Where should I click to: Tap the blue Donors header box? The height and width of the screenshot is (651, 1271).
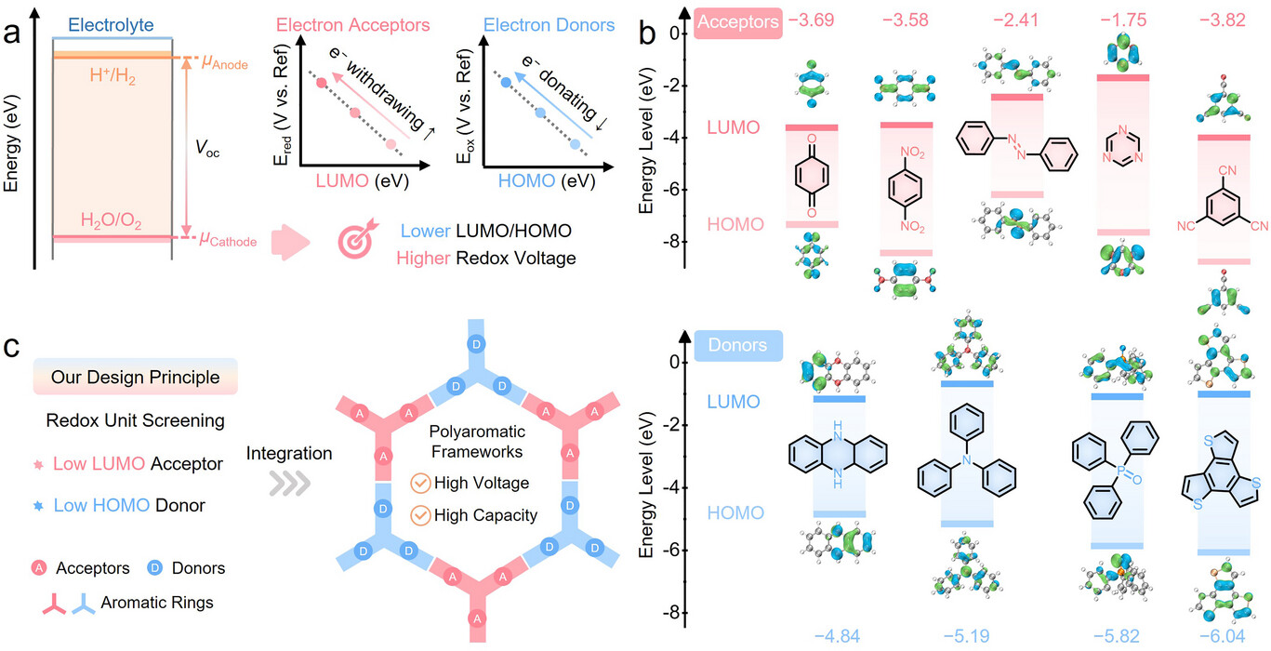tap(738, 346)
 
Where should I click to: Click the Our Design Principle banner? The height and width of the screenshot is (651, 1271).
tap(137, 379)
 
